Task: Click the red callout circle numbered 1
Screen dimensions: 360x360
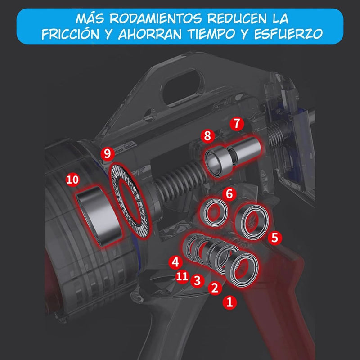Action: (x=230, y=302)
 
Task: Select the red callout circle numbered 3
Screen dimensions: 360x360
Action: (x=196, y=281)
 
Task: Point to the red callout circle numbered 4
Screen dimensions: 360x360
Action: (x=175, y=261)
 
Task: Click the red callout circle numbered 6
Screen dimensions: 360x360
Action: (x=229, y=194)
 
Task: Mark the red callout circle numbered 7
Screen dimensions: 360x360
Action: (x=237, y=123)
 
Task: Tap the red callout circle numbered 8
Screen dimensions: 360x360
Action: (x=207, y=135)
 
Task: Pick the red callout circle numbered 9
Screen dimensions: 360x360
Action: (x=106, y=153)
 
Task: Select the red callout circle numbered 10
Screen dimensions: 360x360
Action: (x=72, y=180)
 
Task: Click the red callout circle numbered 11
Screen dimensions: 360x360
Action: (x=182, y=276)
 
